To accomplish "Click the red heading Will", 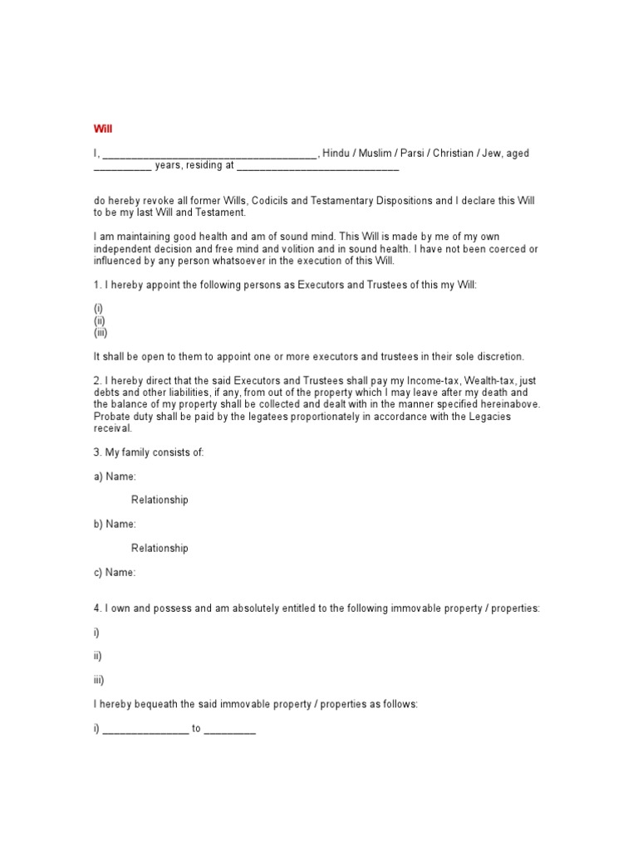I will click(x=102, y=129).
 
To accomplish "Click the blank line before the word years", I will click(x=121, y=167).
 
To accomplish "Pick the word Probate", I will click(x=112, y=417).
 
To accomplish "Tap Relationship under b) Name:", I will click(x=159, y=548).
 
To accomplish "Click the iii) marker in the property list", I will click(x=99, y=680).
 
